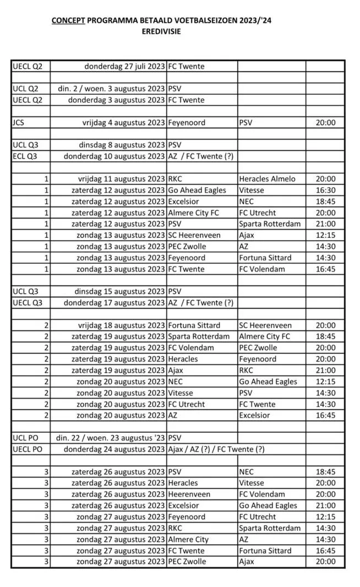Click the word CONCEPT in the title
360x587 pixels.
point(68,21)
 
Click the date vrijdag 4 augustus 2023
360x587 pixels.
point(121,122)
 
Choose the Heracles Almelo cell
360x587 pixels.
point(267,179)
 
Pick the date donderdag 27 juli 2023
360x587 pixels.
point(124,66)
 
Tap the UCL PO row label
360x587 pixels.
point(25,438)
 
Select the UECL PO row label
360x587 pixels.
point(28,449)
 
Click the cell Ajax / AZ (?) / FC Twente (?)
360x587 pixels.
point(216,449)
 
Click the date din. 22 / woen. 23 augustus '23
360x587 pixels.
point(111,438)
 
